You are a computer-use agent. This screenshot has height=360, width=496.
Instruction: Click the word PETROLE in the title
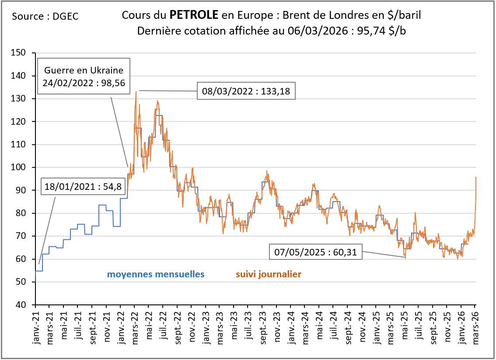(194, 16)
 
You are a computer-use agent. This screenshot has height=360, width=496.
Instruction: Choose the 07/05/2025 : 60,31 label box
(314, 252)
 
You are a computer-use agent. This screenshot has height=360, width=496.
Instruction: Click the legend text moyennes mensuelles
(156, 275)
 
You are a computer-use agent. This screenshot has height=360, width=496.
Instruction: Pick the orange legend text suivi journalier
(269, 275)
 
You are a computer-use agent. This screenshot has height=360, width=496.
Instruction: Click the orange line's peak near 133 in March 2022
(136, 91)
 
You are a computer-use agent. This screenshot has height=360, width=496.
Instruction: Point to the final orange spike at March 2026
(475, 177)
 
